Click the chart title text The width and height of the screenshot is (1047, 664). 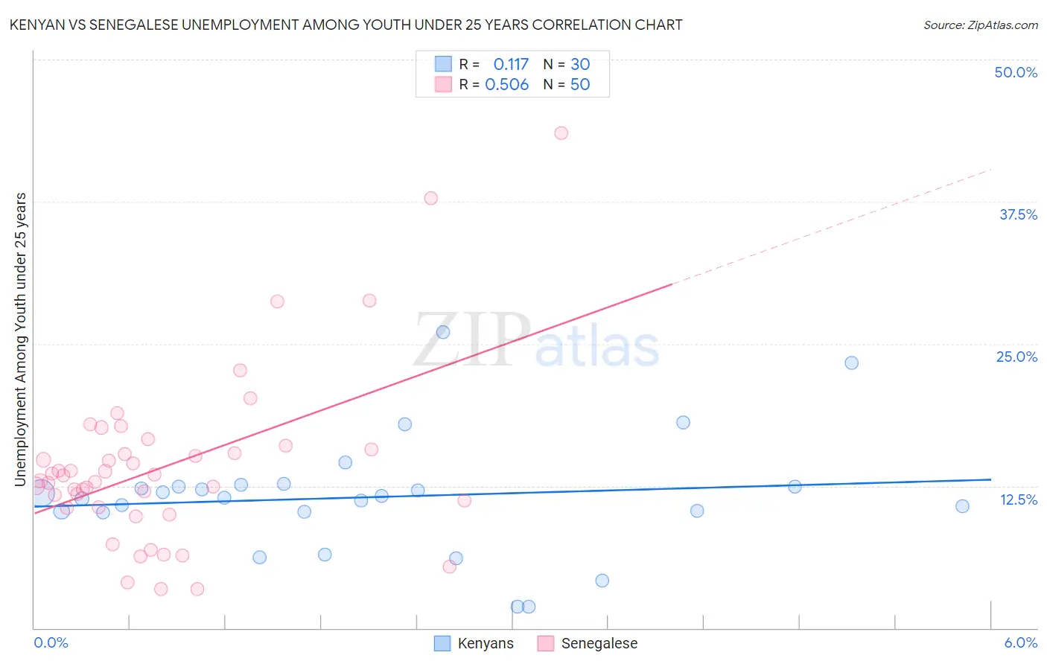click(346, 25)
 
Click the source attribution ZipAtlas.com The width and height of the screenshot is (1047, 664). click(980, 25)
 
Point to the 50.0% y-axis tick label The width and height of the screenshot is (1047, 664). click(1016, 72)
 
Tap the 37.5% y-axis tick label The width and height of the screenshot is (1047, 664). click(1018, 214)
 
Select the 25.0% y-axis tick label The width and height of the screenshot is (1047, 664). click(1016, 357)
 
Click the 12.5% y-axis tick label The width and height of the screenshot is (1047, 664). click(1018, 499)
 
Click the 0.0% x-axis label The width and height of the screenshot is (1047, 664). click(51, 643)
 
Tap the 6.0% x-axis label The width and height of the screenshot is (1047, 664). click(1020, 643)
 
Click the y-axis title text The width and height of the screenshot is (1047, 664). click(21, 339)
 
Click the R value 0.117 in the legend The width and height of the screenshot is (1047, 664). click(511, 65)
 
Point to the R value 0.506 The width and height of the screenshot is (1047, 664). click(506, 85)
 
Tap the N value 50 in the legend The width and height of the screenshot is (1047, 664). click(580, 85)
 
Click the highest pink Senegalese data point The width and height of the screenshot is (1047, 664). click(561, 133)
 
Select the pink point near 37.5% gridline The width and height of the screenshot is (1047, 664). click(430, 198)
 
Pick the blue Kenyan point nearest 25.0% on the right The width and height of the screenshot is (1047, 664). click(851, 363)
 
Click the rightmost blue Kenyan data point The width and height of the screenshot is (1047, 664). click(962, 506)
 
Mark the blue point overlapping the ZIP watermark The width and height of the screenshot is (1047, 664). click(442, 332)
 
